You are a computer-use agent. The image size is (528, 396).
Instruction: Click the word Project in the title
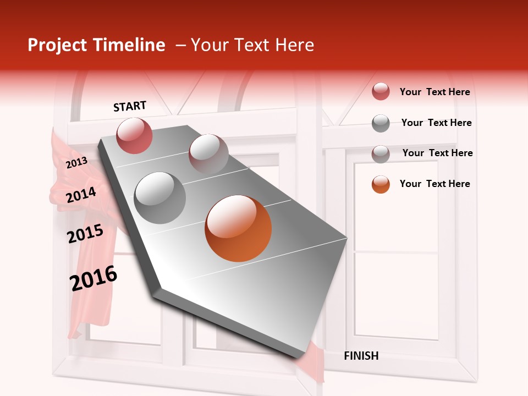click(57, 45)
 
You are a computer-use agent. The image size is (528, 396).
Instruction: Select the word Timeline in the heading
click(129, 45)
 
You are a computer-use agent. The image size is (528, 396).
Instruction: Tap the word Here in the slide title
click(294, 45)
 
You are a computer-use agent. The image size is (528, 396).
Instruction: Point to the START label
click(130, 106)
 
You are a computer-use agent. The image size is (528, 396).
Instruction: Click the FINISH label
click(361, 356)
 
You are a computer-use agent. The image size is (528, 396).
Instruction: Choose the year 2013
click(76, 162)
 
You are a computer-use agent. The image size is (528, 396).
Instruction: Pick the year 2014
click(81, 195)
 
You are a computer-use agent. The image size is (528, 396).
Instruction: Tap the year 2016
click(94, 278)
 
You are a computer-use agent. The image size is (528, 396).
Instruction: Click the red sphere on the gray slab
click(135, 135)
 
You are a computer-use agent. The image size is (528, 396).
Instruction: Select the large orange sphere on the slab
click(238, 228)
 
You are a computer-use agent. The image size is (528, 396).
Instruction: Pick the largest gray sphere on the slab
click(160, 197)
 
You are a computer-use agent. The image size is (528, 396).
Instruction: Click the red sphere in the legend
click(381, 91)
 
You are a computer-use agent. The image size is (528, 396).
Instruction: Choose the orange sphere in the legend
click(381, 184)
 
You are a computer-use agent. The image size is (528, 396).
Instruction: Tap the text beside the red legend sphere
click(435, 92)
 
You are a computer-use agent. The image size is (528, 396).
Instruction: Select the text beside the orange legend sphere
click(435, 184)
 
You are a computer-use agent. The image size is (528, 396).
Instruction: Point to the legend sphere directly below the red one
click(381, 123)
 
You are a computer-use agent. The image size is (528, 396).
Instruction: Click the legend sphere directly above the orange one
click(381, 154)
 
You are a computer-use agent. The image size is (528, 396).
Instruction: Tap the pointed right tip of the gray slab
click(346, 239)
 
